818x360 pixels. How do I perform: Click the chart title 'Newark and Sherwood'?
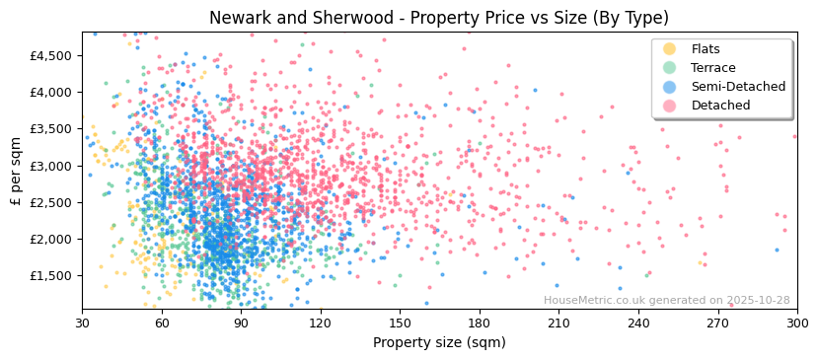point(438,18)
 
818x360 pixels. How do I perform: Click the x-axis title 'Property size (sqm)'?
point(438,343)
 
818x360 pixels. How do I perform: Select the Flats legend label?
point(706,49)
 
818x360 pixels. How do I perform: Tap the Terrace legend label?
point(712,68)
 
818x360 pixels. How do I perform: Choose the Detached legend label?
point(720,106)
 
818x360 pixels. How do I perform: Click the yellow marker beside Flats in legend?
point(670,49)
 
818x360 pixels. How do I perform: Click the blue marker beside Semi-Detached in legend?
point(670,87)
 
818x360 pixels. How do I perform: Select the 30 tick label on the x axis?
point(82,323)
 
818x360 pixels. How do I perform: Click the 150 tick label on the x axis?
point(400,323)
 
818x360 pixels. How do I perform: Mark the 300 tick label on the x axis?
point(796,323)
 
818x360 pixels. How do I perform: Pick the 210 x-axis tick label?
point(558,323)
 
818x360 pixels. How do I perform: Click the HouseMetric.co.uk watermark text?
point(666,301)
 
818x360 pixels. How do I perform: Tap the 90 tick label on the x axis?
point(241,323)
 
